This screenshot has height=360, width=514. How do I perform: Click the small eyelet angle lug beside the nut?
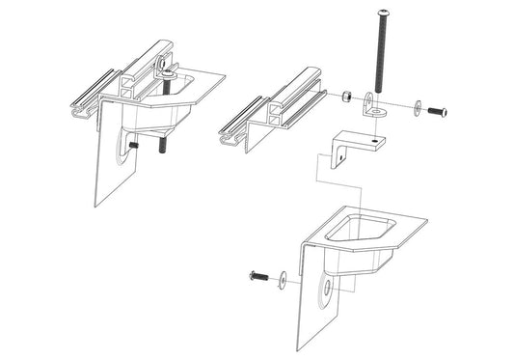tap(372, 105)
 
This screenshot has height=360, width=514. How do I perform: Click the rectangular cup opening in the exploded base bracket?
tap(359, 231)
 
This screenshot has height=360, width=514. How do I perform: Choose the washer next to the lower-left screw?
tap(281, 280)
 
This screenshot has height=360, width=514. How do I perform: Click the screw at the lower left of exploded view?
tap(258, 278)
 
